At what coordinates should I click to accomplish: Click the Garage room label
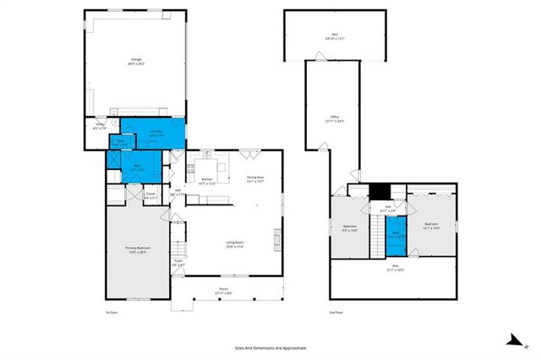(135, 61)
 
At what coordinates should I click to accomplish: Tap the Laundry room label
(156, 133)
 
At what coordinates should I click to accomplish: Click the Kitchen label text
(207, 181)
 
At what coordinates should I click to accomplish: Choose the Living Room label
(235, 245)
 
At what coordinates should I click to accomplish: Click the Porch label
(224, 292)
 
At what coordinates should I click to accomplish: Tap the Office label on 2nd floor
(335, 118)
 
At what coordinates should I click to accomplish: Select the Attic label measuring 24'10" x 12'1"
(335, 37)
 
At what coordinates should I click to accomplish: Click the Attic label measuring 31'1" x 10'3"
(395, 269)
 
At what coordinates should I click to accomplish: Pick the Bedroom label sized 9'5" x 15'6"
(350, 228)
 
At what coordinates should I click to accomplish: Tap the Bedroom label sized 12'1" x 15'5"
(431, 226)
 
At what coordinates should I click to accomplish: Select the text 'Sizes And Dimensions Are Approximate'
(270, 347)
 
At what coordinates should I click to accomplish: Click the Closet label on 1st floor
(150, 195)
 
